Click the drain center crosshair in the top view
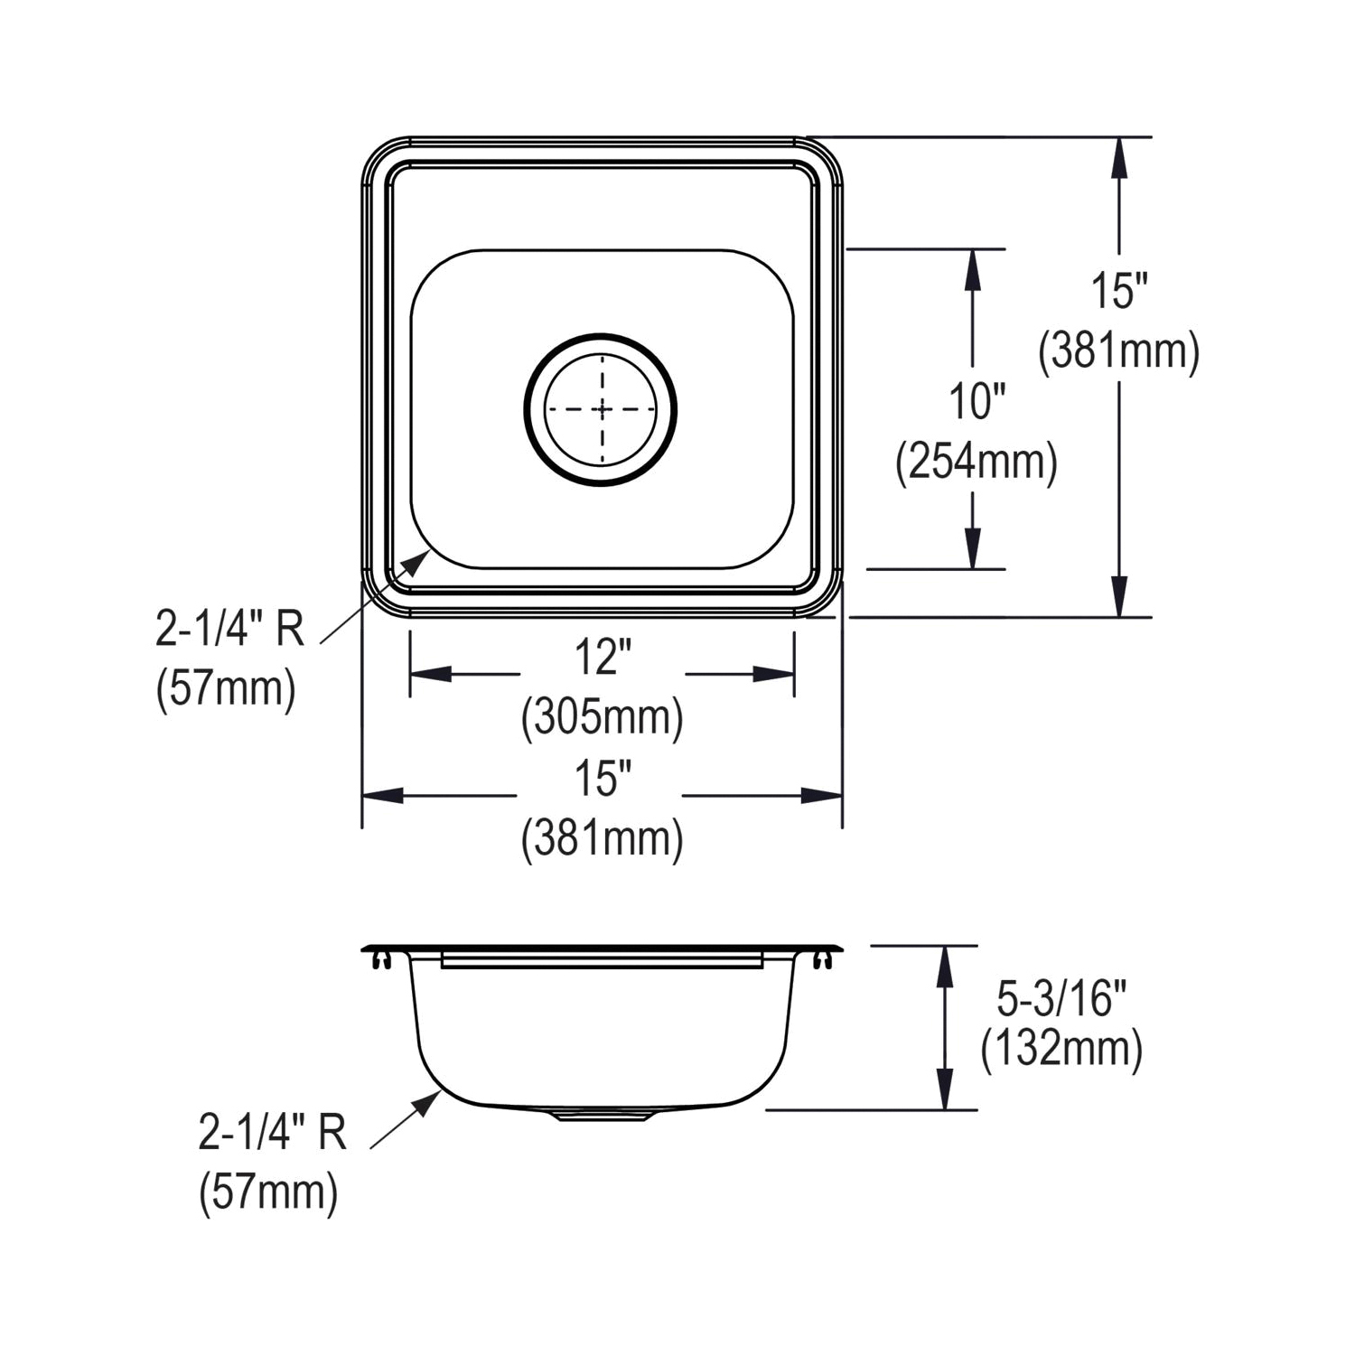click(x=602, y=409)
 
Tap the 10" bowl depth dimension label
click(x=976, y=400)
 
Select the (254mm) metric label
click(x=976, y=463)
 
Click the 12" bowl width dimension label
click(x=602, y=657)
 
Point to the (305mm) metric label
click(x=602, y=718)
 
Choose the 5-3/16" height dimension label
click(x=1061, y=998)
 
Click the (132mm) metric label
click(x=1061, y=1050)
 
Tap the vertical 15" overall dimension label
click(x=1118, y=291)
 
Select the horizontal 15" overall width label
click(x=602, y=779)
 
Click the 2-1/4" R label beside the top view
click(x=229, y=630)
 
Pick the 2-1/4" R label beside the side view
click(x=272, y=1132)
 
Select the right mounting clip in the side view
click(x=822, y=960)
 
